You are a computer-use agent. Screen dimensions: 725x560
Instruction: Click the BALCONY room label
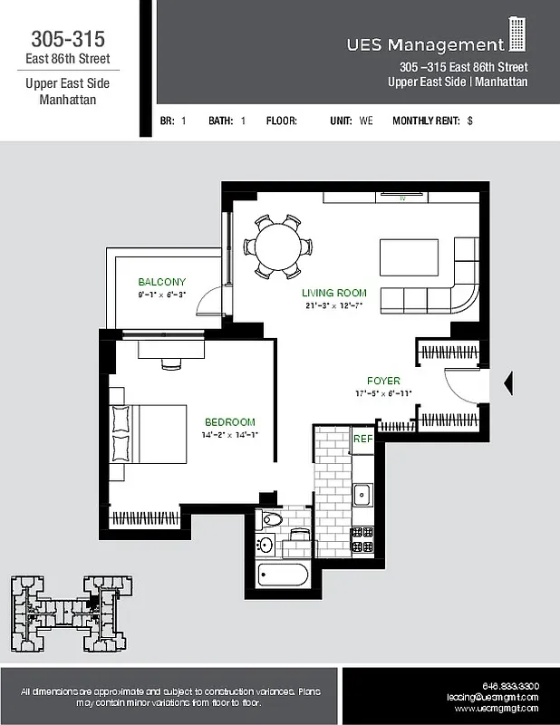161,282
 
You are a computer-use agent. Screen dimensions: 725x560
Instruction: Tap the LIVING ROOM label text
333,293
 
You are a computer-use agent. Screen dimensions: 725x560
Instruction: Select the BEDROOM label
229,421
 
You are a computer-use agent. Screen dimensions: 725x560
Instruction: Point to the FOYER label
383,381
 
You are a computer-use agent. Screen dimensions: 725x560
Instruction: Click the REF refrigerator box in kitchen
362,439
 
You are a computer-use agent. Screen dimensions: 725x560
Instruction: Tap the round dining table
280,246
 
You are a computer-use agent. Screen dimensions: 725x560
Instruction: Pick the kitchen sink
362,495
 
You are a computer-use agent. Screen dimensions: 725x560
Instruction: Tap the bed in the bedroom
150,434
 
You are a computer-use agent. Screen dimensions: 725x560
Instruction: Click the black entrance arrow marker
507,383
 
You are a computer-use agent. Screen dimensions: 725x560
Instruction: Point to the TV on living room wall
400,196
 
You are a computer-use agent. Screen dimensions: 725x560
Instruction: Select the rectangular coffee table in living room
408,257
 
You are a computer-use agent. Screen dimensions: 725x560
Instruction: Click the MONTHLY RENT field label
426,121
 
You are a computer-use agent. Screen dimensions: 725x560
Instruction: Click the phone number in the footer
511,686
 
